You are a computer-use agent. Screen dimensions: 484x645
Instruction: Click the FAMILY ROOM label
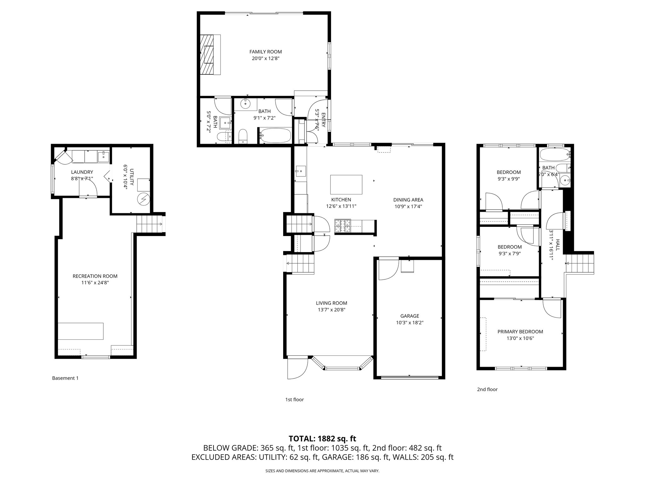[x=265, y=52]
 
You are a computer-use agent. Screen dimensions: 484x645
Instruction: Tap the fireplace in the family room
[x=208, y=55]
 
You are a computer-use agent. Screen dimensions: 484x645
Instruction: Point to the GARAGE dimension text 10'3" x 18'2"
[x=409, y=323]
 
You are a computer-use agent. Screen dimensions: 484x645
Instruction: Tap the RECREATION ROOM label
[x=95, y=276]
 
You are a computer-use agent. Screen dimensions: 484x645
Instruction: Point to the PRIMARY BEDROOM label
[x=520, y=331]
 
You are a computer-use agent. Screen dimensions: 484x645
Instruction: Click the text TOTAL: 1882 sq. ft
[x=322, y=439]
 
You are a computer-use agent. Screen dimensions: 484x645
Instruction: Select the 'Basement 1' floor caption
[x=65, y=378]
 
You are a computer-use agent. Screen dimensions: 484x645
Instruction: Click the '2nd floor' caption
[x=487, y=389]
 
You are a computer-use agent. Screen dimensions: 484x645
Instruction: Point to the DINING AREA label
[x=408, y=200]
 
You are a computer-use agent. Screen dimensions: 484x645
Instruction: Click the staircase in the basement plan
[x=149, y=224]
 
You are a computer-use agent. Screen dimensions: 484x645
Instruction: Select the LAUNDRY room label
[x=82, y=172]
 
